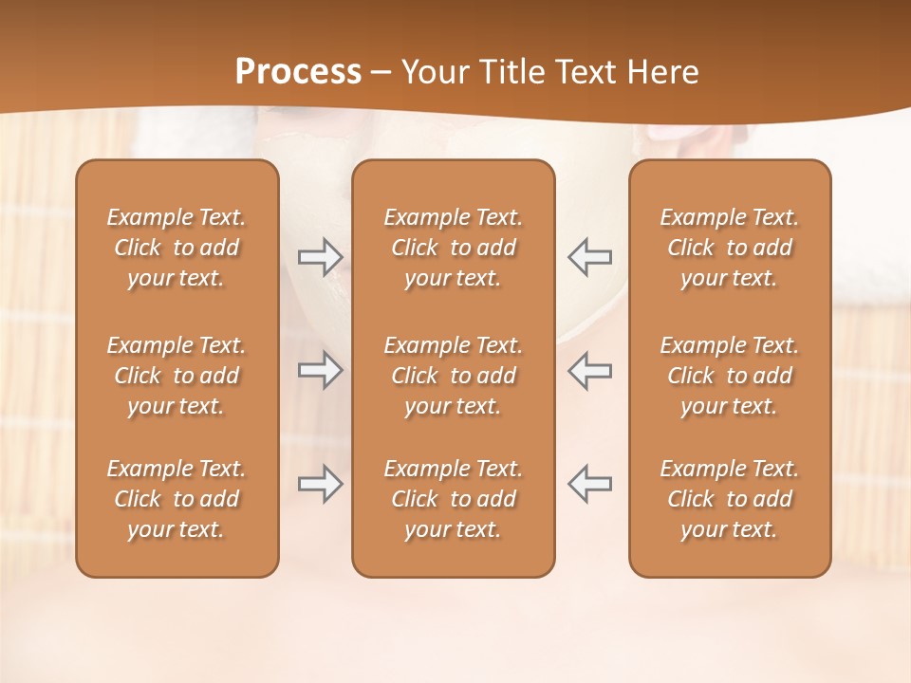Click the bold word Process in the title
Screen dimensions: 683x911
tap(298, 72)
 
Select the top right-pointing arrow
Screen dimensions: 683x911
tap(320, 256)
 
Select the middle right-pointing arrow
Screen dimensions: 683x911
tap(320, 370)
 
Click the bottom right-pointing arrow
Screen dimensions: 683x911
tap(320, 484)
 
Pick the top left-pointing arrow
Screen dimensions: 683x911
tap(589, 256)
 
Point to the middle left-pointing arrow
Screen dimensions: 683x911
tap(589, 370)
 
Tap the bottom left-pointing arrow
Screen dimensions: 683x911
tap(589, 484)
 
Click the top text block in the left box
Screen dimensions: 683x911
tap(177, 248)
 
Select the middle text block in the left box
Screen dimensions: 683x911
tap(177, 376)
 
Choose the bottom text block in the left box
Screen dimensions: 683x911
tap(177, 499)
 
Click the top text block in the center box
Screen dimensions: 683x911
tap(453, 248)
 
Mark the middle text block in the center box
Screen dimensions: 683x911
tap(453, 376)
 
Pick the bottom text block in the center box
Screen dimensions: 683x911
tap(453, 499)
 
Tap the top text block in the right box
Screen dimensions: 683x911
tap(729, 248)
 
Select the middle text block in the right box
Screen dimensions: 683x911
tap(729, 376)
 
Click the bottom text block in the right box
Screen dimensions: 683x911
tap(729, 499)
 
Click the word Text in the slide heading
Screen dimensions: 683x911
tap(585, 72)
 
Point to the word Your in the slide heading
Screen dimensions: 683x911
tap(434, 72)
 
